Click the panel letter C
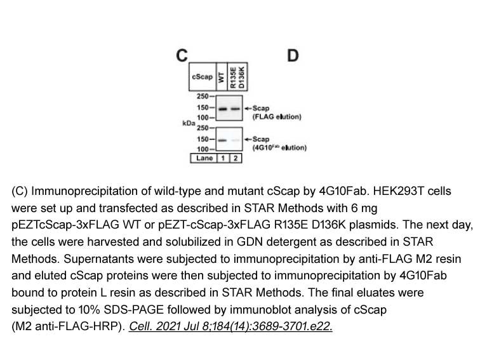(x=182, y=56)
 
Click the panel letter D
(x=293, y=56)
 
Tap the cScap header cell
(x=203, y=77)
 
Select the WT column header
(x=222, y=77)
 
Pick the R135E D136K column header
(x=237, y=77)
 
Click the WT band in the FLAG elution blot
(x=223, y=109)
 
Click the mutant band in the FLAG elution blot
(x=235, y=109)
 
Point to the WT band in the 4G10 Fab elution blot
(x=222, y=140)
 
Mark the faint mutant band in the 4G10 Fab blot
(x=235, y=140)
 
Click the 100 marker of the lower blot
(x=203, y=149)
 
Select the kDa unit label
(x=189, y=123)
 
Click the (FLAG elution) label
(x=277, y=117)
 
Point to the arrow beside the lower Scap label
(x=248, y=140)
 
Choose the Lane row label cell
(x=204, y=158)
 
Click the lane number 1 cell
(x=223, y=158)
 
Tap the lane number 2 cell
(x=236, y=158)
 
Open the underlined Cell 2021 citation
(x=230, y=326)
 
